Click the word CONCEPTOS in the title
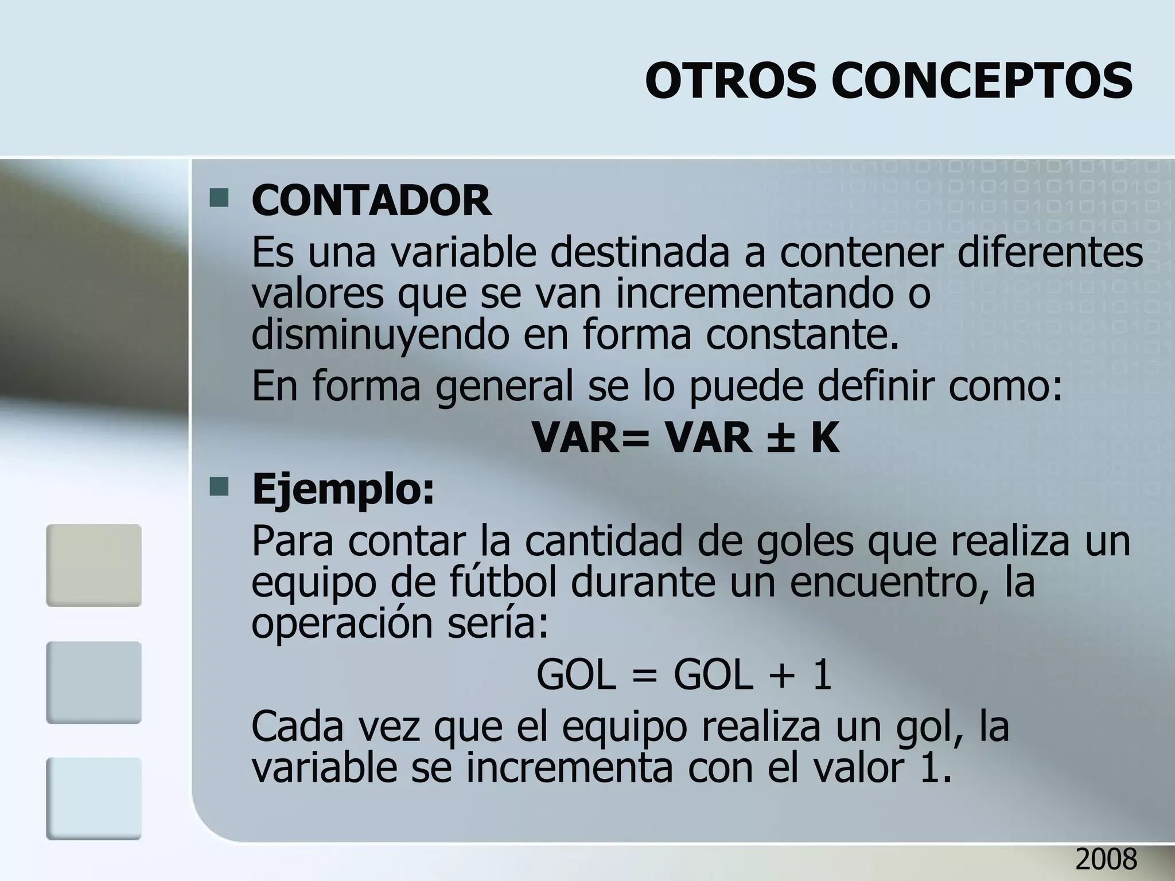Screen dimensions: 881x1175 pos(982,81)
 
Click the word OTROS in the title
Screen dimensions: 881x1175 pos(730,81)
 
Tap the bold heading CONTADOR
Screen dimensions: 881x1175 pos(371,200)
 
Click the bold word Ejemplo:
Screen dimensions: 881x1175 pos(344,489)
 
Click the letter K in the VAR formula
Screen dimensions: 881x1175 pos(825,438)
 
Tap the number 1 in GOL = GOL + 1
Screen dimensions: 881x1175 pos(822,675)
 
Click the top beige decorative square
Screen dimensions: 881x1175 pos(94,565)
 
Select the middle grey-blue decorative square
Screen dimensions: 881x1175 pos(94,682)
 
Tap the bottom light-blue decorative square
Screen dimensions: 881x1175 pos(94,798)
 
